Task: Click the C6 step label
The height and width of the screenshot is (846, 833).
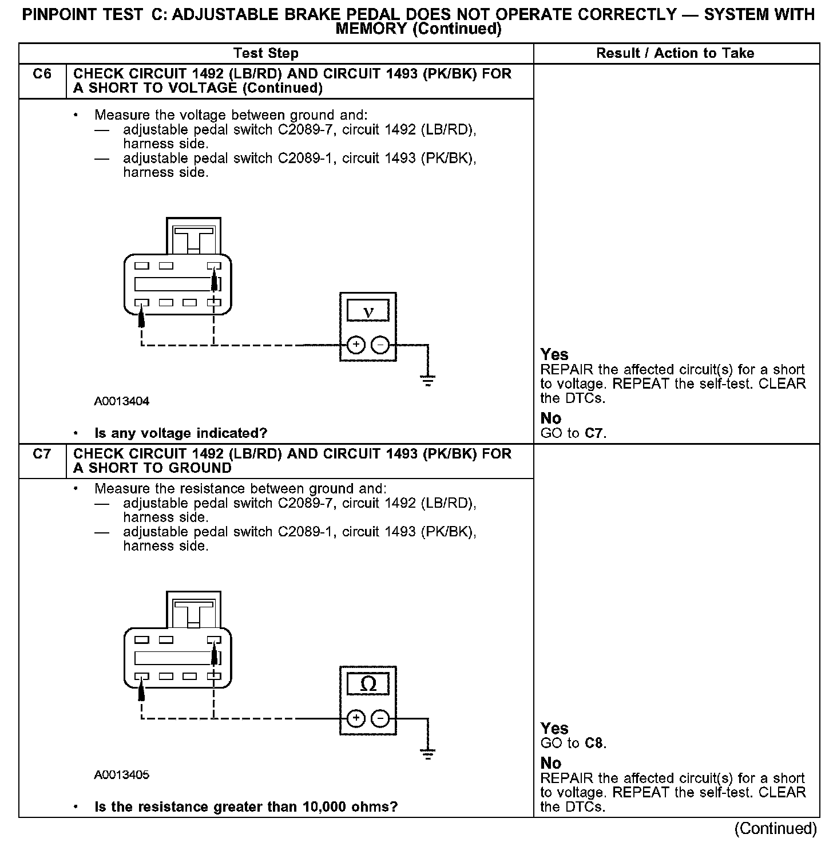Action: [x=42, y=74]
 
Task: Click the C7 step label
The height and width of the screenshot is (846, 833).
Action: [x=42, y=454]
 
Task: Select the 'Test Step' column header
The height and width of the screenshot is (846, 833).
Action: [x=266, y=54]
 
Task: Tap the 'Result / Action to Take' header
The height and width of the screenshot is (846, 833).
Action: [x=675, y=54]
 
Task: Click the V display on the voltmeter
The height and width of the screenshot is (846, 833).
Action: [x=368, y=312]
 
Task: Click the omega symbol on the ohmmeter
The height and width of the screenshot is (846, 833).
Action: [x=368, y=685]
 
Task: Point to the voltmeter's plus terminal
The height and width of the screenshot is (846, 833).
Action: [x=356, y=345]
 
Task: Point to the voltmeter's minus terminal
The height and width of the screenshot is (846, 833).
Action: [x=380, y=345]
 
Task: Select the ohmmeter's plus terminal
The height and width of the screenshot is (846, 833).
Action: [x=356, y=718]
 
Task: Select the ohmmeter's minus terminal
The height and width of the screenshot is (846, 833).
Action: [x=380, y=718]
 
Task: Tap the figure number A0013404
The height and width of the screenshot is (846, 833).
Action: [x=122, y=401]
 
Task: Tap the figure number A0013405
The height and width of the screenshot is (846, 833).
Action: [x=122, y=775]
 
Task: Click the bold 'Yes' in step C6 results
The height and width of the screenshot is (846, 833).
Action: [x=554, y=355]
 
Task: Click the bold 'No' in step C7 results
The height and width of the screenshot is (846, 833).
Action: [x=551, y=763]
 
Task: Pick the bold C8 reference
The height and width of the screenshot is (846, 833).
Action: [x=594, y=744]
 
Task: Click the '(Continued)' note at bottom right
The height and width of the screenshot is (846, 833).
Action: [x=776, y=828]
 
